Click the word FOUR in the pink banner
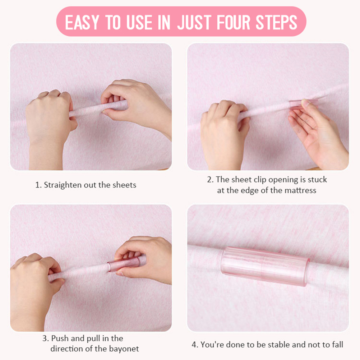click(233, 22)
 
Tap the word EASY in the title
click(82, 22)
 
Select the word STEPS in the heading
click(276, 22)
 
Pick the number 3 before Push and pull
click(45, 338)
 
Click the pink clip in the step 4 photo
click(265, 266)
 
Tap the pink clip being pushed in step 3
click(124, 264)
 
